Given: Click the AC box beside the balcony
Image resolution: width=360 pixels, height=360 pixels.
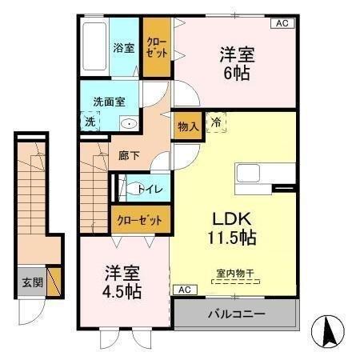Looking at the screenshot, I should tap(183, 289).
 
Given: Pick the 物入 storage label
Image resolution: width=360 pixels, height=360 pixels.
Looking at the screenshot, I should tap(188, 127).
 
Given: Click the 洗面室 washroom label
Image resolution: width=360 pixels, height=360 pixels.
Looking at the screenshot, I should tap(110, 102).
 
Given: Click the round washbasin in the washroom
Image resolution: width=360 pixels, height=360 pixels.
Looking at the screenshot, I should tap(128, 124).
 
